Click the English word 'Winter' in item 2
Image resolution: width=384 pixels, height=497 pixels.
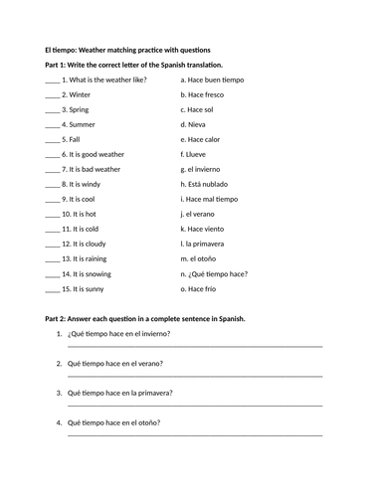tap(80, 94)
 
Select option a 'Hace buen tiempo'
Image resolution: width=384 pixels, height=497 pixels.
tap(212, 80)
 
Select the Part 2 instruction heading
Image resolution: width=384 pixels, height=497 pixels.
tap(145, 318)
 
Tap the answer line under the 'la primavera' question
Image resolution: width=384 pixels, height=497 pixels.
tap(195, 407)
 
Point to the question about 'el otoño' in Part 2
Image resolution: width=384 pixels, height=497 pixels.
tap(118, 421)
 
